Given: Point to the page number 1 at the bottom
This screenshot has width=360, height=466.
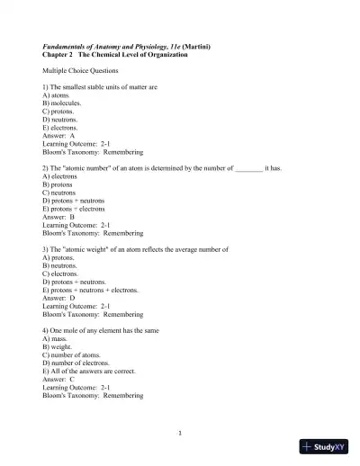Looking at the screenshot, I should point(180,433).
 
